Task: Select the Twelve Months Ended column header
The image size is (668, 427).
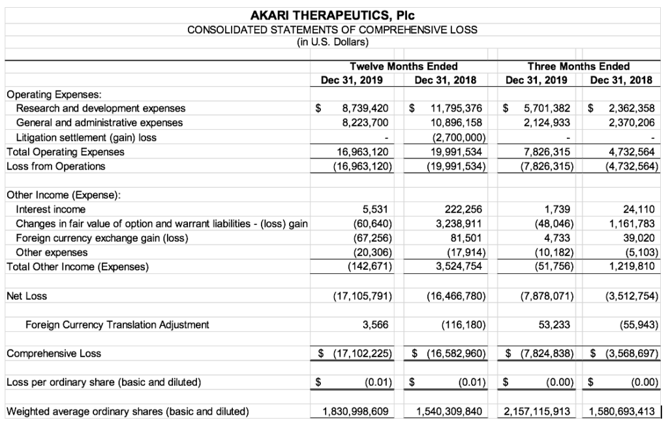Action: pos(403,66)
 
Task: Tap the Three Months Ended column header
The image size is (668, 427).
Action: pos(579,66)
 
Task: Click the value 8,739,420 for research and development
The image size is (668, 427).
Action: pos(365,108)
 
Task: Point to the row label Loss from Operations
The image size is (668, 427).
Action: pos(55,166)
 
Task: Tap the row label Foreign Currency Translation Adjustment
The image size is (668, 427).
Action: pos(117,325)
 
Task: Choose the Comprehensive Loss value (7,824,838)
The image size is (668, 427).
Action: pos(543,353)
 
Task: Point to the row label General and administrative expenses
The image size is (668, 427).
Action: pos(99,123)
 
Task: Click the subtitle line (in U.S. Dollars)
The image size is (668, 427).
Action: pos(332,43)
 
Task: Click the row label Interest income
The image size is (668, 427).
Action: pos(50,209)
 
